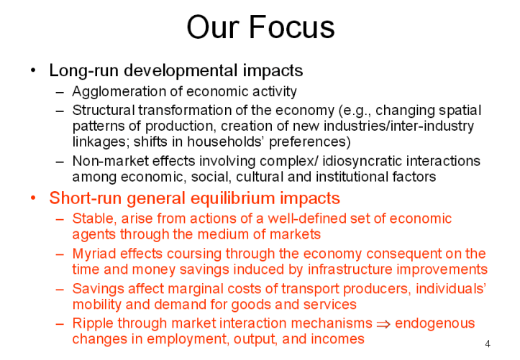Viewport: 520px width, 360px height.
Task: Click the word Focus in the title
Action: (x=291, y=27)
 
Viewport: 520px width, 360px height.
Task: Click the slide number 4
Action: (x=487, y=343)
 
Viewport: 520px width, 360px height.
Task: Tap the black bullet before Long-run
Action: (x=33, y=70)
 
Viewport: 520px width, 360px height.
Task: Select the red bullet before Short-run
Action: (x=33, y=198)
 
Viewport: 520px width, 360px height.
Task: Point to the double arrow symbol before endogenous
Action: (x=383, y=324)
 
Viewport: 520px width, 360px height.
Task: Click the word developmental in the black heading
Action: (x=181, y=70)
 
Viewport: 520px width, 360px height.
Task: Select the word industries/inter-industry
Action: (x=398, y=126)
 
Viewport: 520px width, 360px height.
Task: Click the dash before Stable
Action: (x=60, y=219)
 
